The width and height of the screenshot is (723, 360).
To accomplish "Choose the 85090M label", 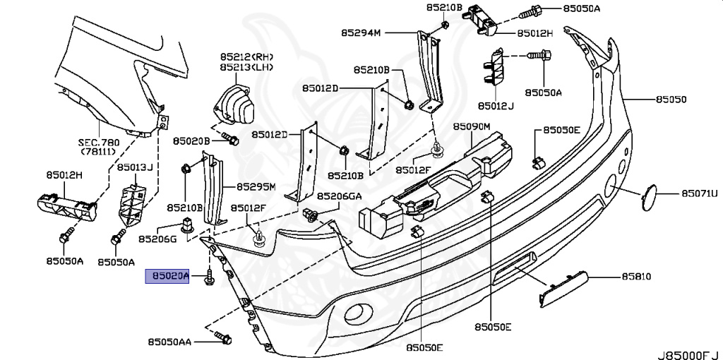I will click(x=472, y=127).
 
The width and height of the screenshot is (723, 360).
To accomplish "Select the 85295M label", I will click(x=255, y=187).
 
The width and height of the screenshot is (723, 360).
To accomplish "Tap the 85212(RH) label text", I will click(x=246, y=57).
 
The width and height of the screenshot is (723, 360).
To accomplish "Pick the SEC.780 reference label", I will click(x=100, y=142).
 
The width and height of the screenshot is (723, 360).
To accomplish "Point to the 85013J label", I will click(x=136, y=167).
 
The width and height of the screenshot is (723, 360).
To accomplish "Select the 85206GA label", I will click(x=339, y=196).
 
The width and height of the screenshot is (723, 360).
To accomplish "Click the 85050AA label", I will click(x=170, y=342).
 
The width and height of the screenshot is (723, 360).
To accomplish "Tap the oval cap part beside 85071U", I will click(x=648, y=197).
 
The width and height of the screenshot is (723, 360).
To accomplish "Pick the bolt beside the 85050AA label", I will click(x=224, y=340).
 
